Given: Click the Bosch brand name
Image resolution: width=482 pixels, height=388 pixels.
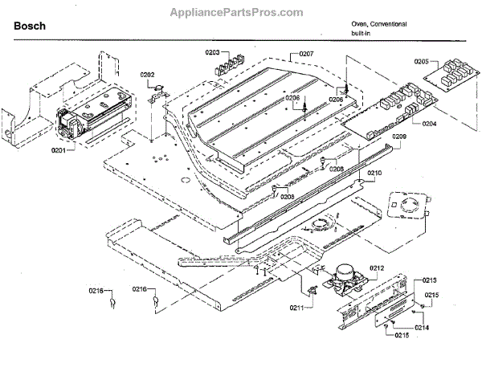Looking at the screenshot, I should (30, 26).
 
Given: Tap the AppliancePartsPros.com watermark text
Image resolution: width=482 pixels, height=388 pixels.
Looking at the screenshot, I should (236, 12).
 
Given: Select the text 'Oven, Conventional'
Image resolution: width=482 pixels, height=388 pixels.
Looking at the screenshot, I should (378, 24).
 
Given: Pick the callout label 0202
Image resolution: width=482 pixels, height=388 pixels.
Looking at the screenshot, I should (147, 75).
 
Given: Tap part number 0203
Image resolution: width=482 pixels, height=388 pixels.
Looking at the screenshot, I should (211, 52).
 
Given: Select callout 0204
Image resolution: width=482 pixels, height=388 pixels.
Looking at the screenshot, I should (429, 125).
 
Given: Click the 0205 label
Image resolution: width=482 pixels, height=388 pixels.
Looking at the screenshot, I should (423, 61).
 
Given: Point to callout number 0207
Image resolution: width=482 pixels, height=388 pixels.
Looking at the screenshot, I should (305, 53).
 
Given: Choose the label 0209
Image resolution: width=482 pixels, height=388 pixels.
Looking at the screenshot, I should (399, 137).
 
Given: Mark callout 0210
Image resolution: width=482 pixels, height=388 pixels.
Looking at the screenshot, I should (375, 173).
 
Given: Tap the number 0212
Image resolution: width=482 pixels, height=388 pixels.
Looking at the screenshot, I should (377, 268).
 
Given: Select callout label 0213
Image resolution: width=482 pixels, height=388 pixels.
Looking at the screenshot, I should (431, 280).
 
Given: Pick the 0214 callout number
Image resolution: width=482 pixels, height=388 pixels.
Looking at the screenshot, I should (422, 329).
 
